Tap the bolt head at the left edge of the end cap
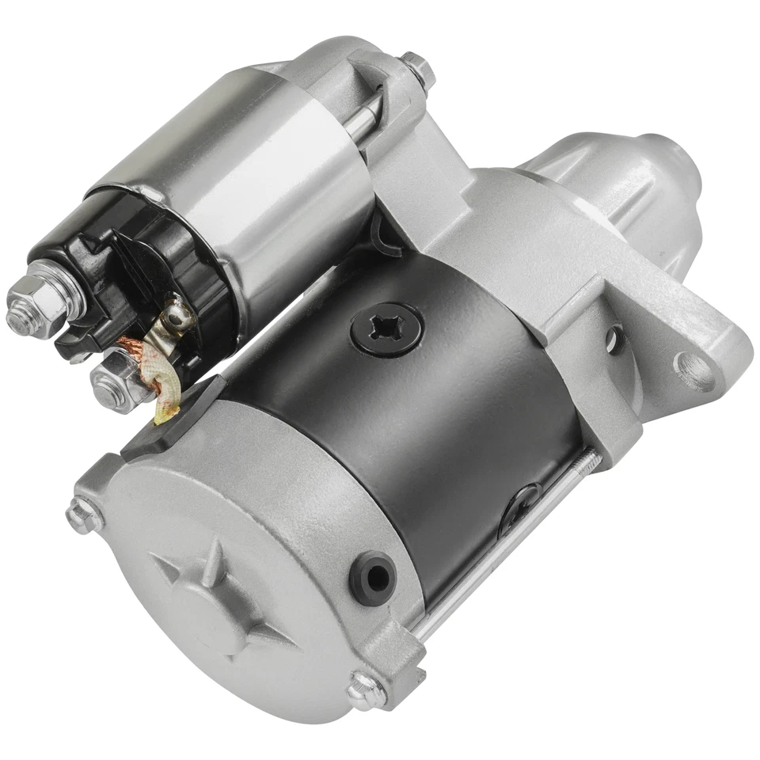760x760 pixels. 82,515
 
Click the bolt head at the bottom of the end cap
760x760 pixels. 367,689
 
